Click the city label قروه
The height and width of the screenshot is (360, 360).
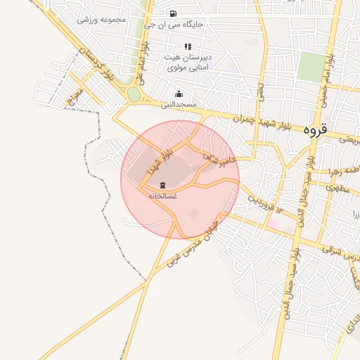point(316,129)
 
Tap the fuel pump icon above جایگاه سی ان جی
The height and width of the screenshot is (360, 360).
point(173,13)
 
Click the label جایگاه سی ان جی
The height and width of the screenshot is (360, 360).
point(174,25)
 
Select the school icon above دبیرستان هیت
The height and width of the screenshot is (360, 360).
point(187,46)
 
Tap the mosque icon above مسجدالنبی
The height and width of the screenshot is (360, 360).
point(179,94)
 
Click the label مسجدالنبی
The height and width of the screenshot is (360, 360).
point(179,104)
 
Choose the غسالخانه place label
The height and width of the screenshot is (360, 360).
point(162,195)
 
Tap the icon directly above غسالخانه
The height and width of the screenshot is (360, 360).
point(162,185)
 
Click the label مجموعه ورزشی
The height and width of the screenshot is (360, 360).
point(101,20)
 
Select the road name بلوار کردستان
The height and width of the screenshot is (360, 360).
point(94,64)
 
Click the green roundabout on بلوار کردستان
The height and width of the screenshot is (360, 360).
point(134,94)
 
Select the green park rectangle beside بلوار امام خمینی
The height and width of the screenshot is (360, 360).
point(310,67)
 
